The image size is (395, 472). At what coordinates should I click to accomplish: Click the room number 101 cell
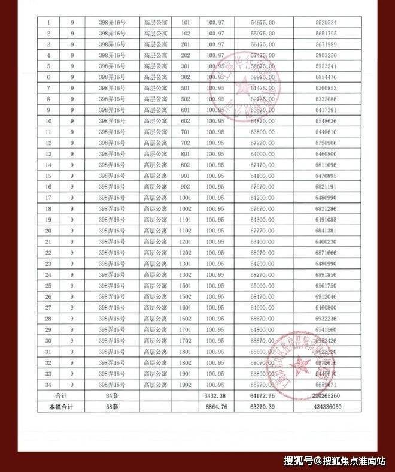(x=185, y=22)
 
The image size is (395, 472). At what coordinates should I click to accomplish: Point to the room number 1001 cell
(x=185, y=198)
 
